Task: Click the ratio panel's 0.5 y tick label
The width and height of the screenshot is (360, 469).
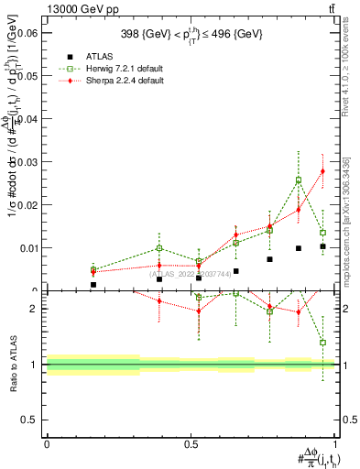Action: pyautogui.click(x=30, y=420)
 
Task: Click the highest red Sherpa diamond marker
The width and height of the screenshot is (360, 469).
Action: pyautogui.click(x=322, y=171)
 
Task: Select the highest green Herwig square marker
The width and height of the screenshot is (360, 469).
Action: pyautogui.click(x=299, y=180)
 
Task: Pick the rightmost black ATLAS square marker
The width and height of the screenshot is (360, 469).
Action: pyautogui.click(x=322, y=246)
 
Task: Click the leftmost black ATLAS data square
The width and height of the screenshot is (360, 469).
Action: pyautogui.click(x=93, y=285)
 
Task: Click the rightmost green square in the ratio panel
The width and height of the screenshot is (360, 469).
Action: pyautogui.click(x=322, y=343)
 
